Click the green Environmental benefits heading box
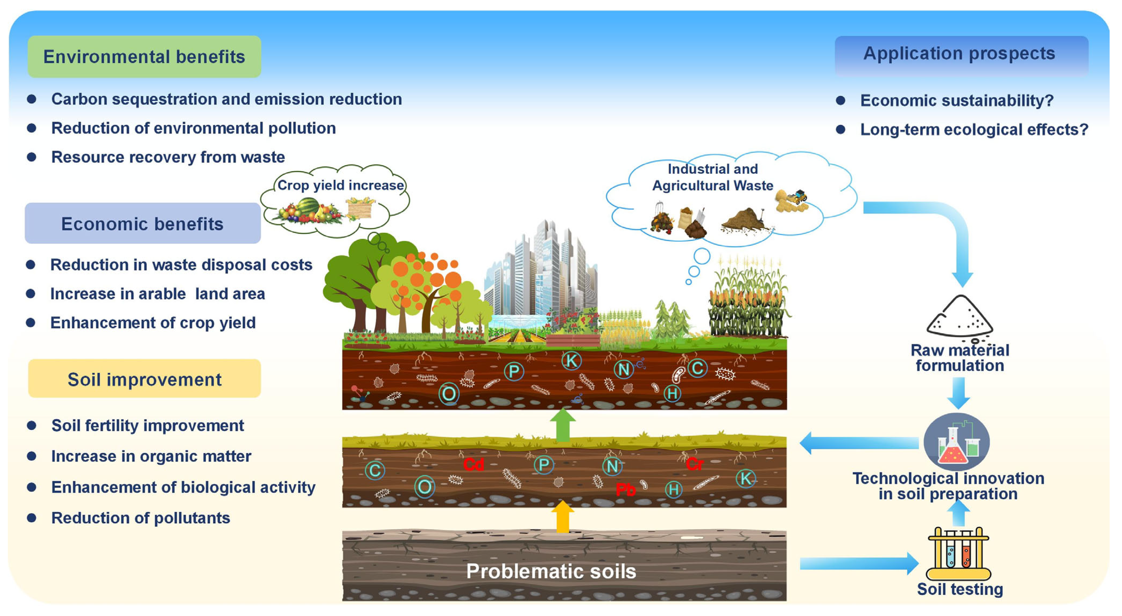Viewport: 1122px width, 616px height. (x=144, y=57)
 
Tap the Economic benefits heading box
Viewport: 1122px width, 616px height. (x=142, y=223)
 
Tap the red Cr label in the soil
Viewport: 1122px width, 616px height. (x=694, y=464)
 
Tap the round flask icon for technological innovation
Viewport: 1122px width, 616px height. (x=956, y=442)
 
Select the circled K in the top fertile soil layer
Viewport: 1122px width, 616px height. (x=571, y=361)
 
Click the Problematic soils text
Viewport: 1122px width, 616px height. (x=551, y=571)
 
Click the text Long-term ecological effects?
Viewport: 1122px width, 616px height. (x=974, y=129)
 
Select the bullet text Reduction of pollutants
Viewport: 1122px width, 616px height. (x=140, y=518)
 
